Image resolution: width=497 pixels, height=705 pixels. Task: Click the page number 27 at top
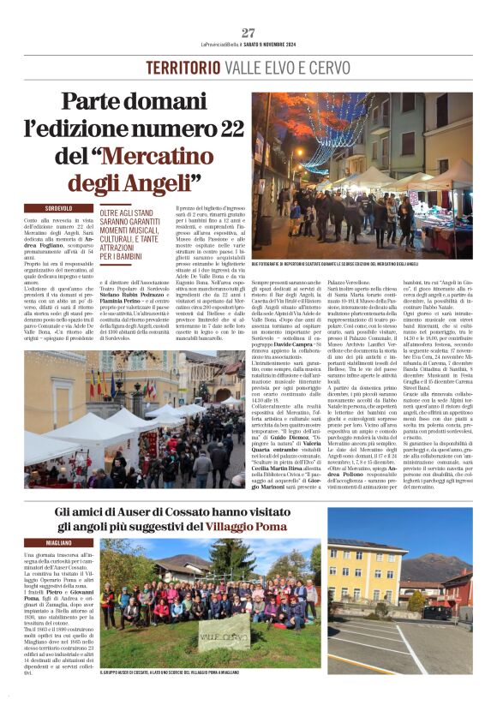tap(248, 33)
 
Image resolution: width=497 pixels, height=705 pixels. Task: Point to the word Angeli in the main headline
tap(155, 182)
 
